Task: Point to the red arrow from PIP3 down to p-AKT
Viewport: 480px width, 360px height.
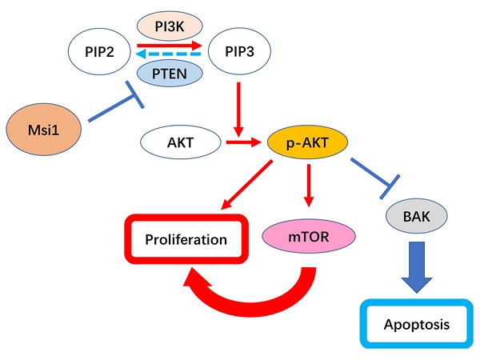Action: [239, 108]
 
